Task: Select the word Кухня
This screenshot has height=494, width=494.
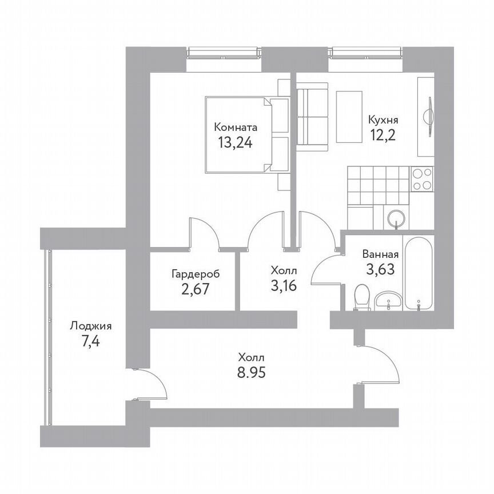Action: click(x=383, y=121)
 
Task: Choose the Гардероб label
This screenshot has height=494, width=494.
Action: click(x=195, y=274)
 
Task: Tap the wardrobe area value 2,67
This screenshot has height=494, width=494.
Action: click(x=195, y=289)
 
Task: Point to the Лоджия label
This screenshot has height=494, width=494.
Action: click(x=90, y=326)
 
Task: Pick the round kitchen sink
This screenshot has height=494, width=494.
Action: click(x=396, y=218)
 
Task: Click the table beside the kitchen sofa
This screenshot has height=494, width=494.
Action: click(x=349, y=117)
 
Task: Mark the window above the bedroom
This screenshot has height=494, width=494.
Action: click(x=224, y=53)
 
